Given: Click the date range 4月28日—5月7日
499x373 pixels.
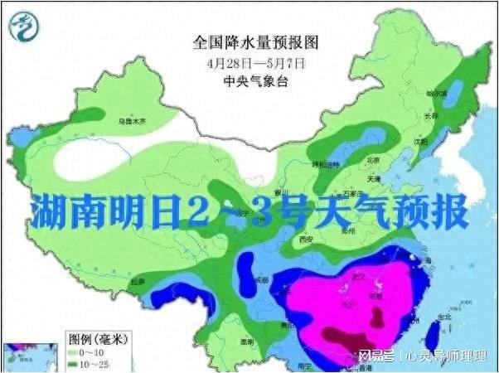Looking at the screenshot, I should coord(256,63).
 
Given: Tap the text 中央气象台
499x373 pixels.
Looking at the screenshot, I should coord(256,81).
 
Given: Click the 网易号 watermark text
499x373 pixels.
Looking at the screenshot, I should coord(376,356).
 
